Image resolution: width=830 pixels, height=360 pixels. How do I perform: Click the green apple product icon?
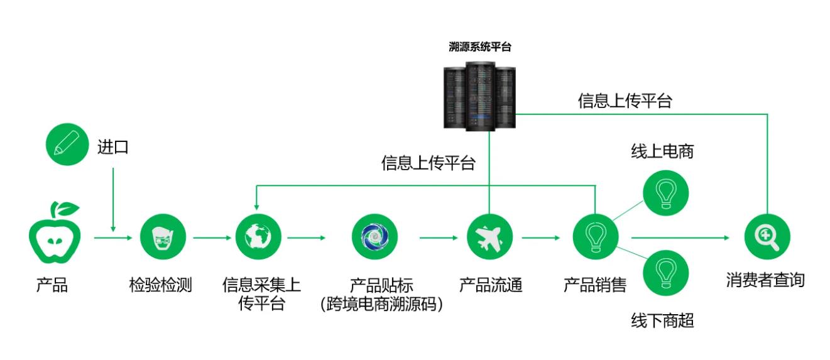(x=53, y=236)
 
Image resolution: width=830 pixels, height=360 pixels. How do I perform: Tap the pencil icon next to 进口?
(x=67, y=145)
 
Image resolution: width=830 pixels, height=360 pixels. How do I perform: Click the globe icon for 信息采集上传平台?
(x=258, y=237)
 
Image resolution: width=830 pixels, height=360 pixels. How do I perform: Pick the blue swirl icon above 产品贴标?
(x=374, y=237)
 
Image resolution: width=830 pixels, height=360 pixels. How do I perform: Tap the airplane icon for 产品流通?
(x=489, y=237)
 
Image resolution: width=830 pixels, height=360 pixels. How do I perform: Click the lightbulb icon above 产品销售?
(x=595, y=237)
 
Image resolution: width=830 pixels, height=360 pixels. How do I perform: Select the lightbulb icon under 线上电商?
(x=665, y=193)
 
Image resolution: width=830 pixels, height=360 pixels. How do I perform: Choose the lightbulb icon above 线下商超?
(x=665, y=273)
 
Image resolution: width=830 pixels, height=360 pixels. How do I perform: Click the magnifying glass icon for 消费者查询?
(x=767, y=237)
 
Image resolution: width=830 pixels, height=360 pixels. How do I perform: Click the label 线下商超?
(x=662, y=320)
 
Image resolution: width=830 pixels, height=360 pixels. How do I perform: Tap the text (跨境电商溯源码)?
(x=381, y=305)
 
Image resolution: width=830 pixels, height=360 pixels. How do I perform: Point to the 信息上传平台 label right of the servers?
(x=625, y=101)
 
